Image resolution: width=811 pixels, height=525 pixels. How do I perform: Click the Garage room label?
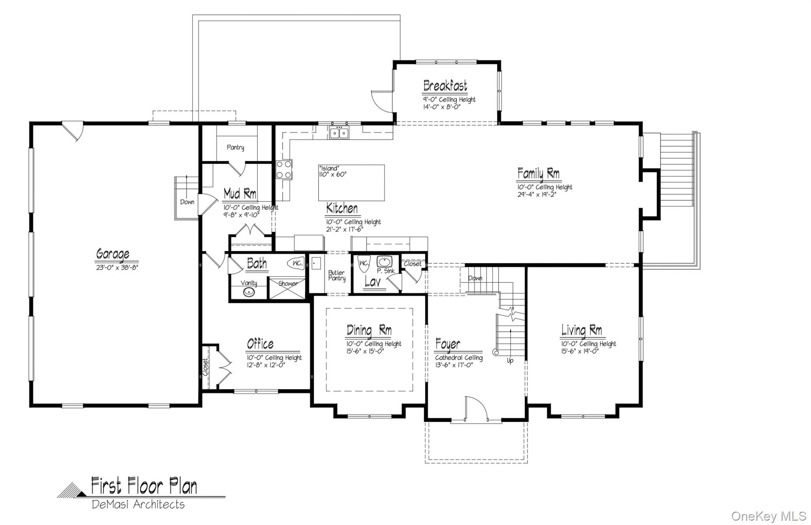click(x=113, y=254)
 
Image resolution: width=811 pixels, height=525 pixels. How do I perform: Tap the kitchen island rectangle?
click(x=351, y=183)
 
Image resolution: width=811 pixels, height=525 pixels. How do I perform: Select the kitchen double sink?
click(x=339, y=133)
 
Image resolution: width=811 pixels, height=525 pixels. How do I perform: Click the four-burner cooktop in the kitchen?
click(x=284, y=169)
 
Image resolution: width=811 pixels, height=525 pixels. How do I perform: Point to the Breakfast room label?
click(x=445, y=86)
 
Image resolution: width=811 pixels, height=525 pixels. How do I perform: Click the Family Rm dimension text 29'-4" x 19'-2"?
click(x=537, y=194)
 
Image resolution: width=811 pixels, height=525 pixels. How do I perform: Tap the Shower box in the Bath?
click(x=288, y=288)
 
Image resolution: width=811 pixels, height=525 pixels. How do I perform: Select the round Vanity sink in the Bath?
click(x=249, y=292)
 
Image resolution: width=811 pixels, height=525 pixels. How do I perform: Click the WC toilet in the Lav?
click(x=363, y=264)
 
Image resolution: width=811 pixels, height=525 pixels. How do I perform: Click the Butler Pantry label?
click(x=337, y=275)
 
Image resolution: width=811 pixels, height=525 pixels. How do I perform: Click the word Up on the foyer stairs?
click(x=510, y=361)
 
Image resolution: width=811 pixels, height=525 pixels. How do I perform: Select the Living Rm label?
click(x=581, y=330)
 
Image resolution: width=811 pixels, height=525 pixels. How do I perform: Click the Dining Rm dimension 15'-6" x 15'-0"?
click(x=365, y=351)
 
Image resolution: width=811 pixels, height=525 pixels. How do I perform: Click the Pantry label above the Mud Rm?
click(x=235, y=147)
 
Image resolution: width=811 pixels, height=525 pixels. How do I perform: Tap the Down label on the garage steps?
click(x=187, y=202)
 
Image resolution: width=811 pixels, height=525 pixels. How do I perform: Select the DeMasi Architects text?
click(x=138, y=504)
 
